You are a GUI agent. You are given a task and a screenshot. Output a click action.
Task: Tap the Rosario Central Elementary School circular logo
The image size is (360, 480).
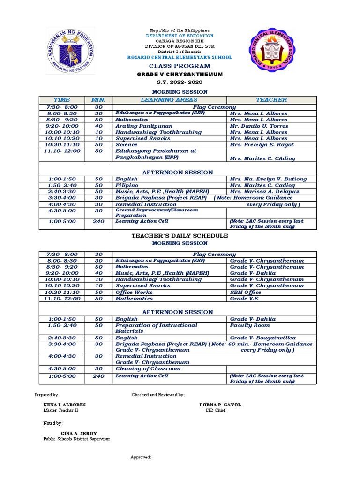click(273, 50)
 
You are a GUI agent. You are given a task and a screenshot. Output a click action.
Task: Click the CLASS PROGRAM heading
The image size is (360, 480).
click(180, 66)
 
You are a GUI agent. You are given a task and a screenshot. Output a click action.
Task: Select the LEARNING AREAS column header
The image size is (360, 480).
click(169, 100)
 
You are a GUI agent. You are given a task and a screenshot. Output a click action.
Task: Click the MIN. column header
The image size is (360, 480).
click(98, 100)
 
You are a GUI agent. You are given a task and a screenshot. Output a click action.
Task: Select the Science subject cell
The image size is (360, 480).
click(126, 145)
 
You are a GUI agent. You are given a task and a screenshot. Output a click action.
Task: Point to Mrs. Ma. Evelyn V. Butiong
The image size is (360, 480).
click(268, 179)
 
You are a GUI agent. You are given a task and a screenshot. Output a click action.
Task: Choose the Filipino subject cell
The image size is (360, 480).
click(127, 185)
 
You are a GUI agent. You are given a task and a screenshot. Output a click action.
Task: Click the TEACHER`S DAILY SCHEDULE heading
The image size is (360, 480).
click(180, 236)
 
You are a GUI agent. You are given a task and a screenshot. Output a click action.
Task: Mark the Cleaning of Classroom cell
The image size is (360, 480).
click(148, 369)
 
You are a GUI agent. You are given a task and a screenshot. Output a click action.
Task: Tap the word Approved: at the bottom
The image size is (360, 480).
click(140, 457)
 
